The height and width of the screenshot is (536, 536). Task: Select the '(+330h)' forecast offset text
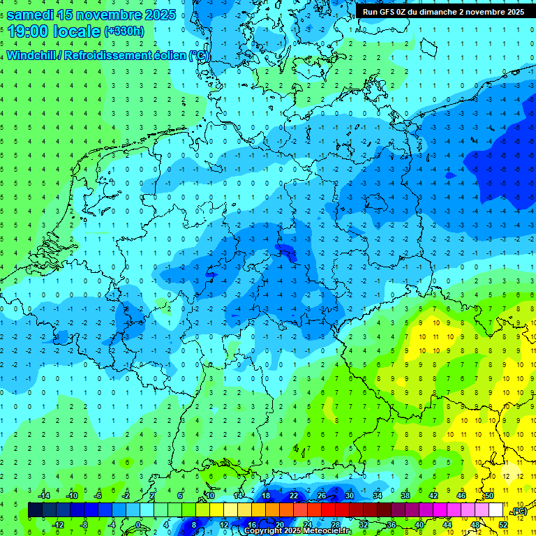pyautogui.click(x=124, y=31)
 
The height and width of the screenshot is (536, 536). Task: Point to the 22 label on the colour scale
pyautogui.click(x=294, y=496)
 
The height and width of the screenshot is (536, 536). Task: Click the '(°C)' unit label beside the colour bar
pyautogui.click(x=519, y=511)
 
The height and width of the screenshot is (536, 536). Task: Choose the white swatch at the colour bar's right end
pyautogui.click(x=496, y=510)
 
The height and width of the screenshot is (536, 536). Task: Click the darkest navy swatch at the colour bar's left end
pyautogui.click(x=35, y=510)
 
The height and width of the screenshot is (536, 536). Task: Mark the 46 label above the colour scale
pyautogui.click(x=461, y=496)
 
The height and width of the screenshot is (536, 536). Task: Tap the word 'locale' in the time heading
pyautogui.click(x=77, y=31)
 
